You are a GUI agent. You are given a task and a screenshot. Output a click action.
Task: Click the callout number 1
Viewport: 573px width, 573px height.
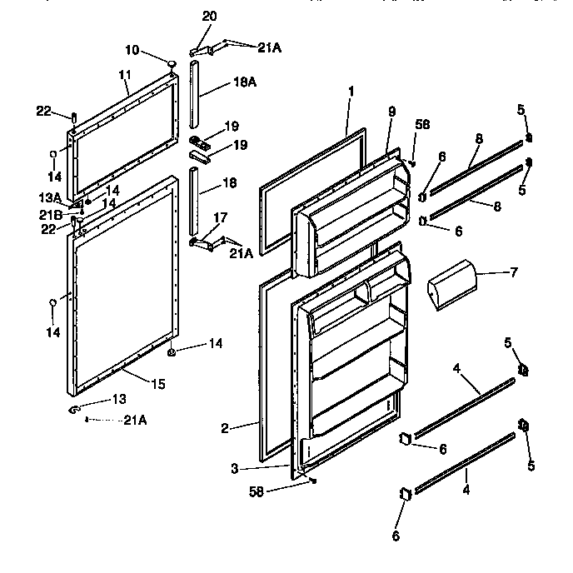tap(351, 90)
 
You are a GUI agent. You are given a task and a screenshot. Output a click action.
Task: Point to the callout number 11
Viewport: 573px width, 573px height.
tap(124, 74)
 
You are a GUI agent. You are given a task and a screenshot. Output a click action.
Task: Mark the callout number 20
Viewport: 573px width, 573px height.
tap(209, 16)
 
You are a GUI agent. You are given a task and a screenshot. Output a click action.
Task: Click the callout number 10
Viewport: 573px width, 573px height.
tap(133, 49)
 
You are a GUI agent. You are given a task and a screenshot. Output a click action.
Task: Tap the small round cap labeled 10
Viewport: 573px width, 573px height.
tap(172, 63)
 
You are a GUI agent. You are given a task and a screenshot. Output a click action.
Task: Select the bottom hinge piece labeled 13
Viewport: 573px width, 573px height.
tap(74, 408)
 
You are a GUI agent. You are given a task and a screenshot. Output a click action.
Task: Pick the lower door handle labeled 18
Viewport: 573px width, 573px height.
tap(195, 201)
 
